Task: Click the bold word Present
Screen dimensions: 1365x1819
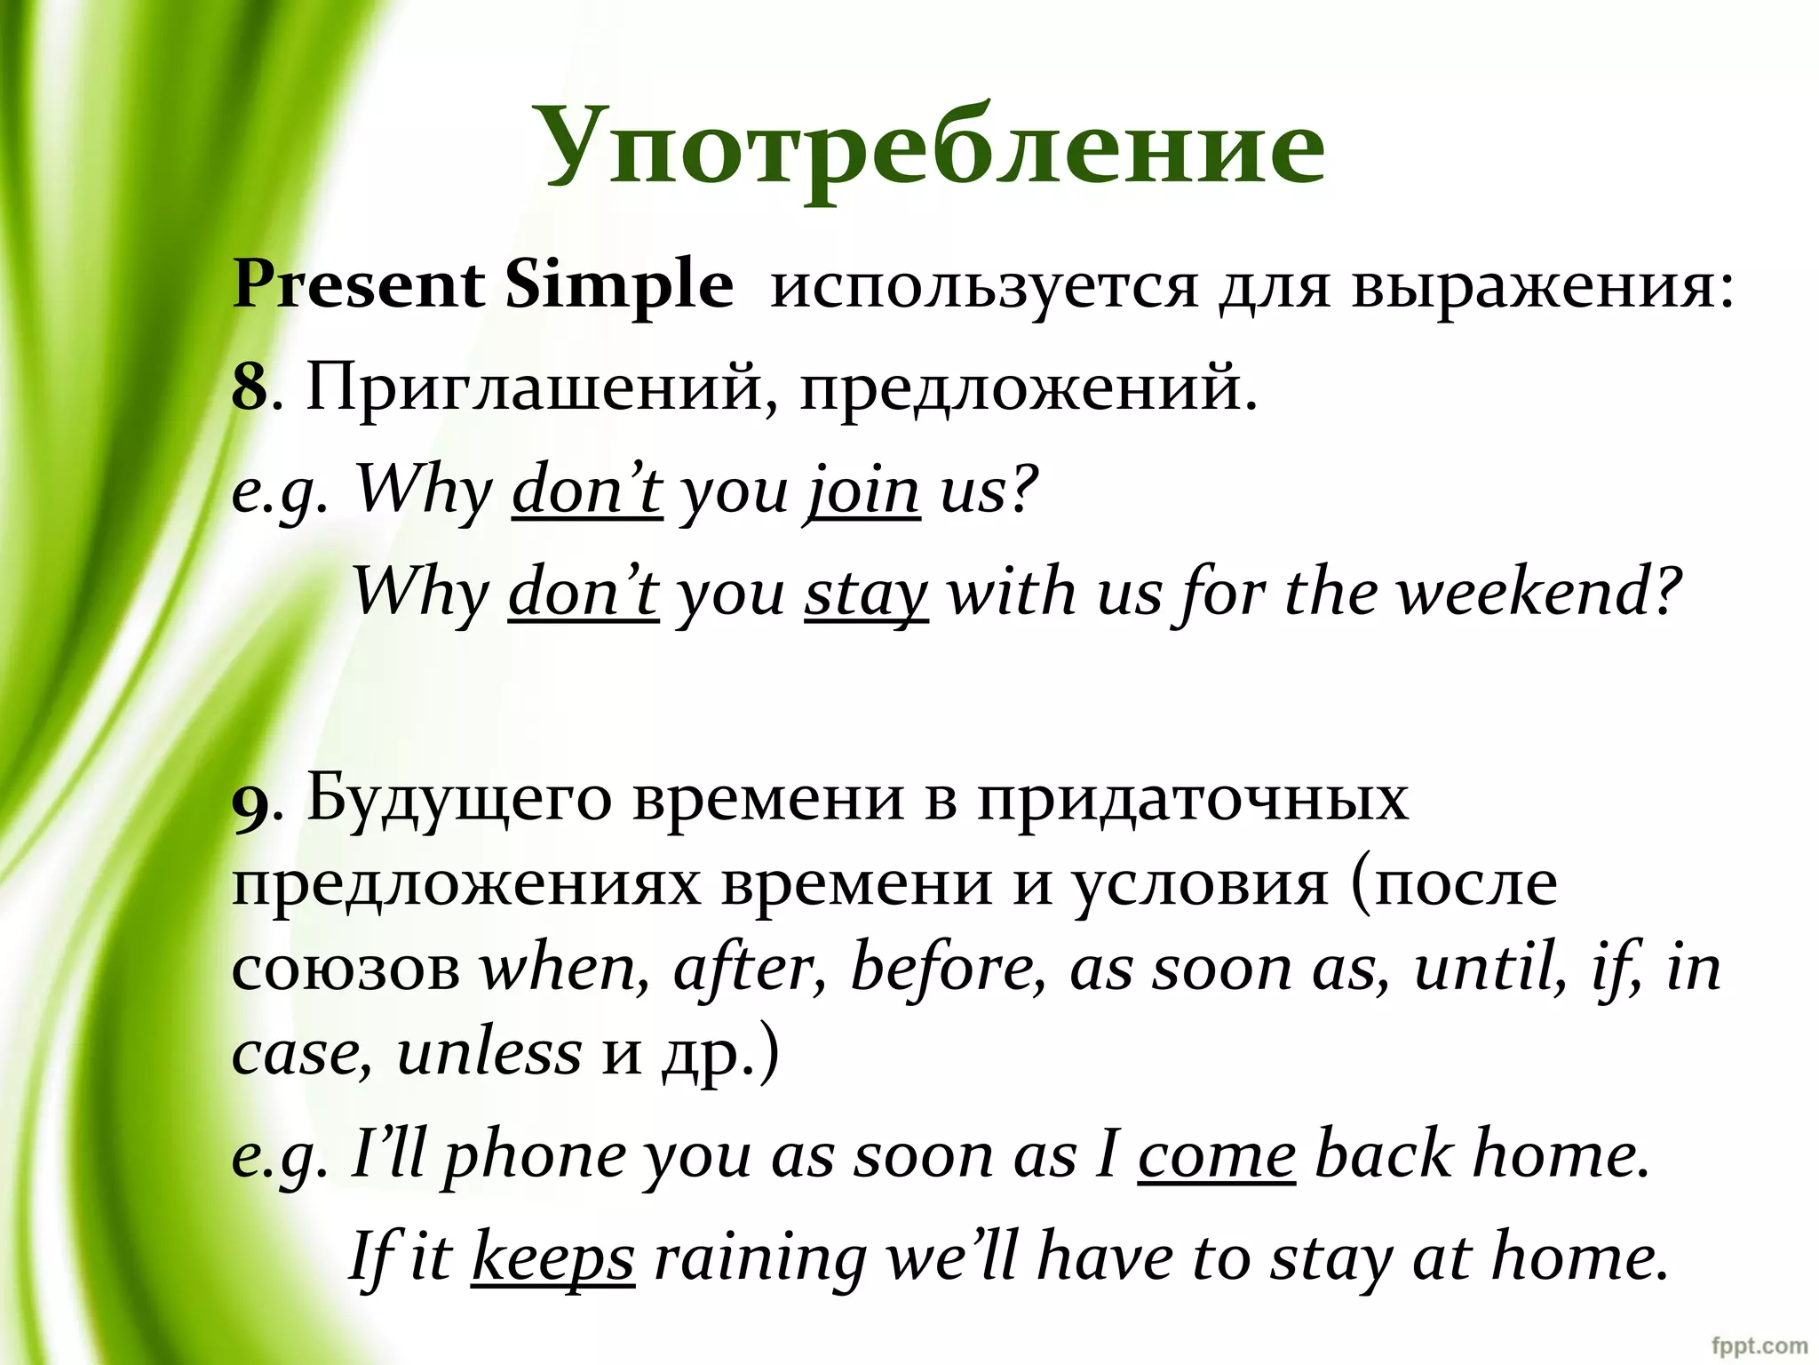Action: tap(358, 286)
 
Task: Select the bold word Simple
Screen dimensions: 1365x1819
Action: tap(619, 286)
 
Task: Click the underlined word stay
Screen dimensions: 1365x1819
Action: tap(866, 594)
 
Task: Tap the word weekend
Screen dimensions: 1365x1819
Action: tap(1538, 592)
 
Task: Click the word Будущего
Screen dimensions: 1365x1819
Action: tap(459, 798)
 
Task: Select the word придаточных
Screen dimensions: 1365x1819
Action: tap(1192, 798)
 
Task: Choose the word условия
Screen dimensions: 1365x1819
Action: tap(1198, 882)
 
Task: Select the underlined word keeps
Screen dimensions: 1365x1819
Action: tap(552, 1259)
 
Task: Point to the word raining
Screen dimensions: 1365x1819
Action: tap(759, 1259)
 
